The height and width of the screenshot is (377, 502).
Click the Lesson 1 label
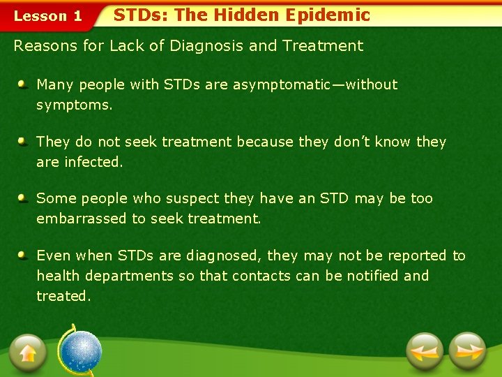pyautogui.click(x=48, y=15)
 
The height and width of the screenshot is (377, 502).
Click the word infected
pyautogui.click(x=92, y=162)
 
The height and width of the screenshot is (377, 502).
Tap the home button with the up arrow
pyautogui.click(x=28, y=353)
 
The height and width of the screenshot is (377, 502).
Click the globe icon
pyautogui.click(x=79, y=351)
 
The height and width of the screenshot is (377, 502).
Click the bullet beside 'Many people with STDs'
pyautogui.click(x=23, y=84)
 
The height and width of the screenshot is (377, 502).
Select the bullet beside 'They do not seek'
pyautogui.click(x=23, y=142)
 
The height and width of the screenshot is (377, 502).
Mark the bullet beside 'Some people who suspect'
pyautogui.click(x=23, y=198)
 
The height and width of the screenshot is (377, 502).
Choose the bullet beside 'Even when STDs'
pyautogui.click(x=23, y=256)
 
